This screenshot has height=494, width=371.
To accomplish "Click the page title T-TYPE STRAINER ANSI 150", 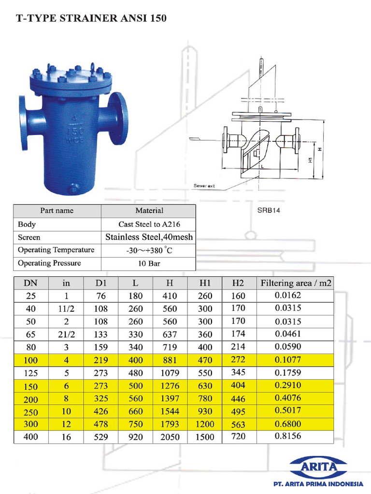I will pyautogui.click(x=91, y=19).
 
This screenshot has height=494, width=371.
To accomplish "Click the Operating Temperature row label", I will pyautogui.click(x=56, y=250).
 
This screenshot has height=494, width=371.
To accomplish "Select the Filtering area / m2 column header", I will pyautogui.click(x=296, y=283).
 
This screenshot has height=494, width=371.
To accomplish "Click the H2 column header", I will pyautogui.click(x=239, y=283).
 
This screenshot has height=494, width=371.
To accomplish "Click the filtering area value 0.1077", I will pyautogui.click(x=288, y=359).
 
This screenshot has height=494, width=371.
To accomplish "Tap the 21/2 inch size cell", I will pyautogui.click(x=66, y=334).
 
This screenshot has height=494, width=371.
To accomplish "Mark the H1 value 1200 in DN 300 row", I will pyautogui.click(x=205, y=425).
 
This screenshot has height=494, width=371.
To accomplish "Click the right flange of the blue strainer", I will pyautogui.click(x=118, y=119).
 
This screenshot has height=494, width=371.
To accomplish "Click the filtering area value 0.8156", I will pyautogui.click(x=288, y=437).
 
